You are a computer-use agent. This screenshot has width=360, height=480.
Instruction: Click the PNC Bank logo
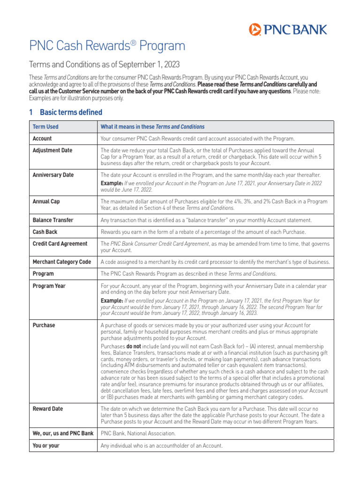point(288,30)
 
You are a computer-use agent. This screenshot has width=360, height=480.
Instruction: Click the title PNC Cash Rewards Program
point(107,46)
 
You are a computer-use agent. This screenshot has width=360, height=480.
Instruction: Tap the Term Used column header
point(45,127)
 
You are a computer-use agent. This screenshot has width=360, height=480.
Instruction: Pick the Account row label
point(42,139)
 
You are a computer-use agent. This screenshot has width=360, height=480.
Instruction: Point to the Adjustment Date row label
point(53,150)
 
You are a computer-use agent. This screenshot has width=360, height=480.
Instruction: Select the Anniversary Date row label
point(53,175)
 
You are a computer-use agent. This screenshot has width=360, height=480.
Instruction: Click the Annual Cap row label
point(46,201)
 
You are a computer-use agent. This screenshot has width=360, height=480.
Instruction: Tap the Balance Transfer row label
point(53,220)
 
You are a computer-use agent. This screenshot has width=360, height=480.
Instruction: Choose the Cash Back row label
point(45,232)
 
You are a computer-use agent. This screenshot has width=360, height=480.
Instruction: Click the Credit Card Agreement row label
point(60,244)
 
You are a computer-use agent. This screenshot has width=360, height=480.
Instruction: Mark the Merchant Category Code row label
point(62,262)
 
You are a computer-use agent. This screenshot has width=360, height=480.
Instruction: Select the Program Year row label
point(49,285)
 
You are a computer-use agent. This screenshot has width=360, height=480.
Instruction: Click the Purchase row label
point(44,325)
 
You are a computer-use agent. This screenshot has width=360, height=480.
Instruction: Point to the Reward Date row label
point(48,409)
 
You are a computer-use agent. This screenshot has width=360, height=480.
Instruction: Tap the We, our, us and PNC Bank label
point(63,433)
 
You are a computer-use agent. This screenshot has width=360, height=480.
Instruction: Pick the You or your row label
point(46,445)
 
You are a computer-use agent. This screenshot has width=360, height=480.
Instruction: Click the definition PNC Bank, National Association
point(138,433)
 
